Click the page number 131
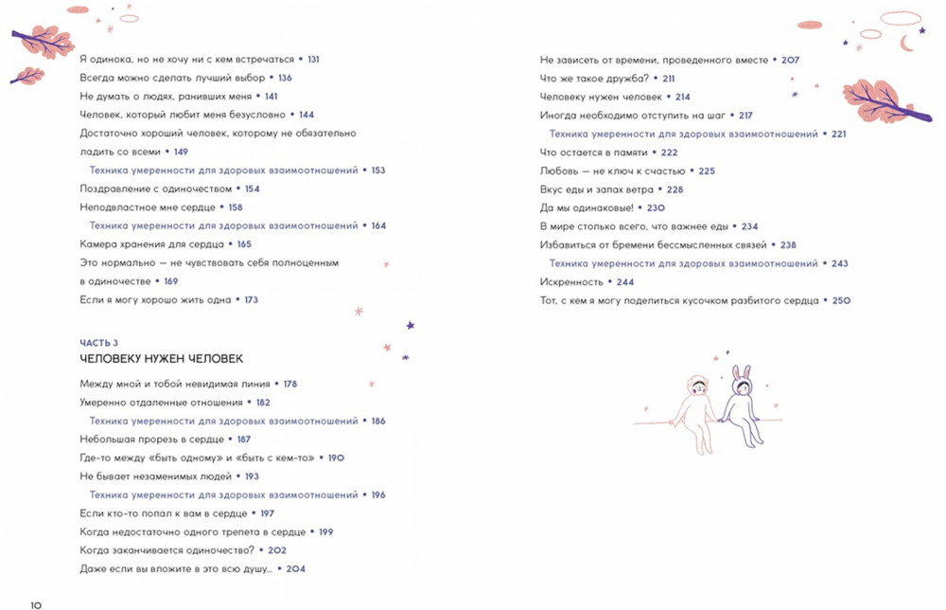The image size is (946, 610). [x=313, y=59]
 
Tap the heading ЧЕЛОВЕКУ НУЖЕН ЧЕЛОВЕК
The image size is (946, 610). [x=161, y=359]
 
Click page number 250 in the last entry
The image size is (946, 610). [x=841, y=300]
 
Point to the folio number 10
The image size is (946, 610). [x=36, y=602]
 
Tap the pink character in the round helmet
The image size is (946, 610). [x=695, y=409]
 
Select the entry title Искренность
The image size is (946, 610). [x=570, y=282]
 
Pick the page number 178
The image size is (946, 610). [x=289, y=384]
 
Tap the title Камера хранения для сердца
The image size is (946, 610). [x=151, y=244]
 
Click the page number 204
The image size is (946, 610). [x=296, y=569]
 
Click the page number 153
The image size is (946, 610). [x=378, y=170]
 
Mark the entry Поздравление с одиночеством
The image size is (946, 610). [x=156, y=188]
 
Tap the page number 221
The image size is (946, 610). [x=839, y=134]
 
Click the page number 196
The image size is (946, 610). [x=378, y=494]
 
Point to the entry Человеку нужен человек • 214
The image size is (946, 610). [x=615, y=97]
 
